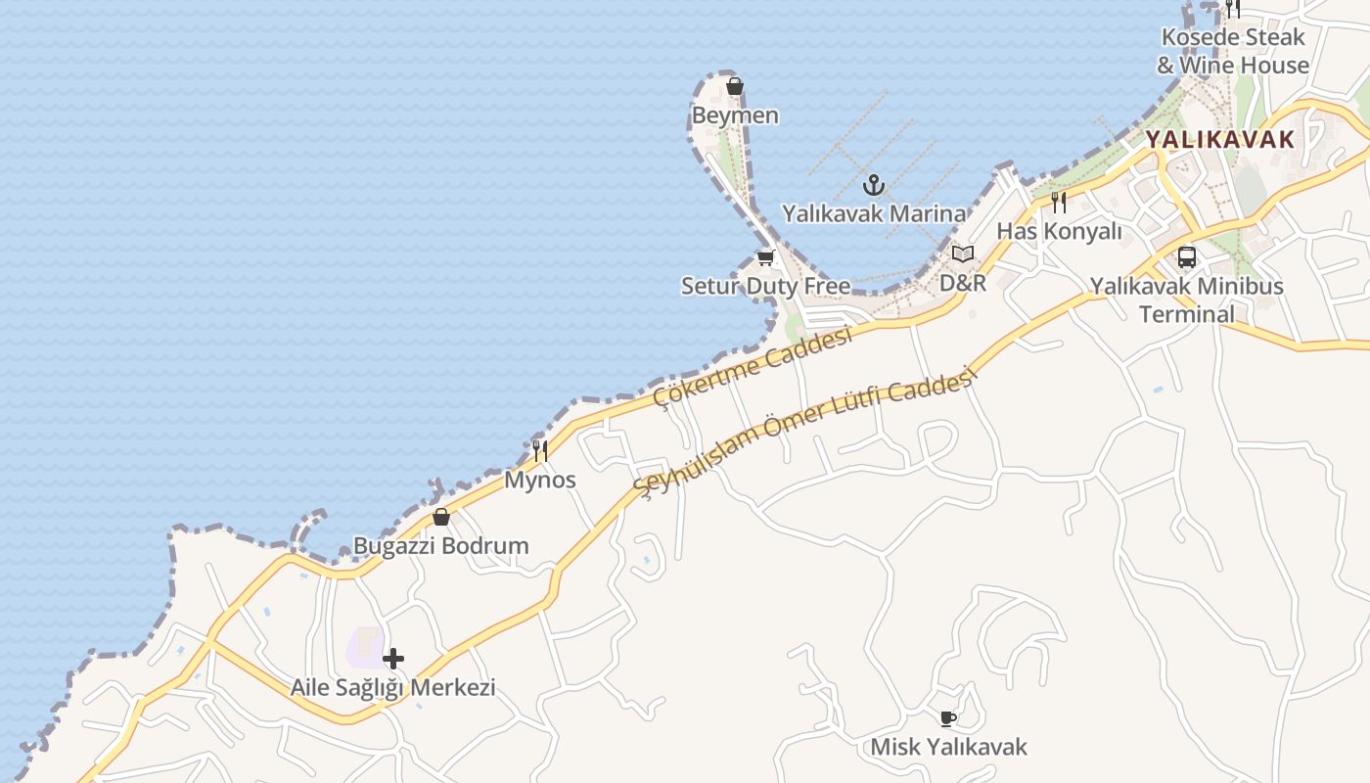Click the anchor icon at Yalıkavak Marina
point(873,184)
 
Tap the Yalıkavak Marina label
point(873,213)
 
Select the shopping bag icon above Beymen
point(735,87)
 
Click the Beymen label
point(735,115)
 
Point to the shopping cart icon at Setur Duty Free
point(765,257)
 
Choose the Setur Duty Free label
point(765,287)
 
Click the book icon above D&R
point(963,253)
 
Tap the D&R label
point(963,283)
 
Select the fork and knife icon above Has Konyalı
point(1059,203)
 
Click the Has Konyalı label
point(1059,232)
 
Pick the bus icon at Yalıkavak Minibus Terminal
point(1187,257)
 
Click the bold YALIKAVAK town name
point(1219,139)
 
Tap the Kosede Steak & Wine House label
point(1233,51)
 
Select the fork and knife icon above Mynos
point(539,450)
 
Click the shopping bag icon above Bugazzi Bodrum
point(441,517)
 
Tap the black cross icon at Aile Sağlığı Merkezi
point(393,658)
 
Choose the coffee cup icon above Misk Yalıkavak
point(947,718)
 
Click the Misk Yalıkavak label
point(948,748)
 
